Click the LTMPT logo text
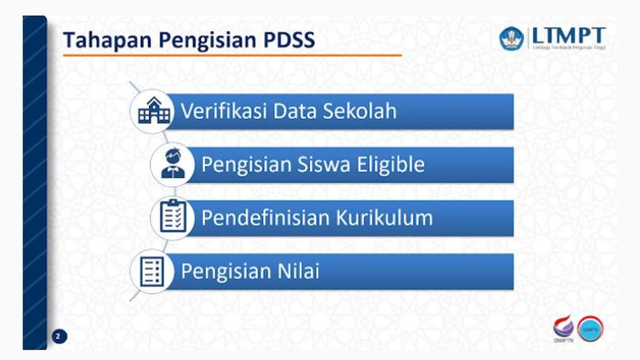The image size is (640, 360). [x=569, y=36]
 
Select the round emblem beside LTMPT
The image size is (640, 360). [x=511, y=38]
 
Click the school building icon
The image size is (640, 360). [x=154, y=111]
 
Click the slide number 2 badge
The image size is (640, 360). [x=59, y=336]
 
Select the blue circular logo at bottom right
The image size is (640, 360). [x=590, y=330]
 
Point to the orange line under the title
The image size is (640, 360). [x=232, y=55]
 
